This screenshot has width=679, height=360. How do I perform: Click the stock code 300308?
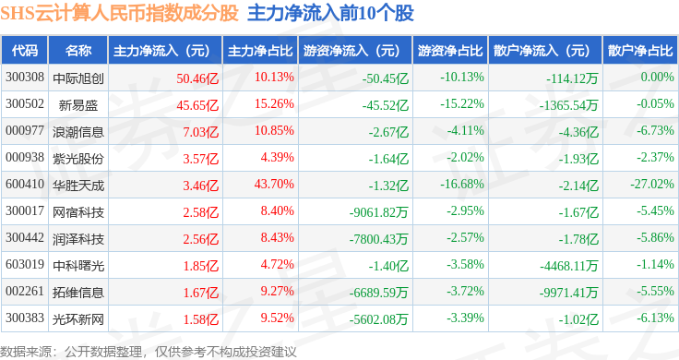[x=25, y=78]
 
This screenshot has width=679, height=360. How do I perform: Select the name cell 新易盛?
[x=77, y=105]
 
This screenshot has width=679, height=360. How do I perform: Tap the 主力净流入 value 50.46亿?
[x=197, y=78]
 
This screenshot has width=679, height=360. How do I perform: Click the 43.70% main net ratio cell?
[x=274, y=184]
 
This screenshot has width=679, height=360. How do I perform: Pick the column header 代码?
[x=25, y=51]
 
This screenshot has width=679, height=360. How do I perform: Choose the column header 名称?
[x=78, y=51]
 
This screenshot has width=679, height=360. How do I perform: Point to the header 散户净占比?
[x=640, y=51]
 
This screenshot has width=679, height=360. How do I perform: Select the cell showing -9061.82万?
[x=378, y=212]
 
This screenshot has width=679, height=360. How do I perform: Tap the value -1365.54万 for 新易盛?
[x=568, y=105]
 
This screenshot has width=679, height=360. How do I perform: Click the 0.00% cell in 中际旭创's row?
[x=658, y=78]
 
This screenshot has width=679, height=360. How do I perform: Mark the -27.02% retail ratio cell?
[x=652, y=184]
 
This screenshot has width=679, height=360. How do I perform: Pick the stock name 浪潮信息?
[x=78, y=132]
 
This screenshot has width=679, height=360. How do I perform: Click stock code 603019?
[x=25, y=264]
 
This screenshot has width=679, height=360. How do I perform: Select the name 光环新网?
[x=78, y=319]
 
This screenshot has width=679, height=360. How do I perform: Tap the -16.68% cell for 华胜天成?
[x=462, y=184]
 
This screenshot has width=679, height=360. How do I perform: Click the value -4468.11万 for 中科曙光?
[x=568, y=266]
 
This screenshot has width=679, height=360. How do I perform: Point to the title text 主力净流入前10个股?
[x=330, y=13]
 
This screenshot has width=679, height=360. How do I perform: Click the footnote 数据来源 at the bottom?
[x=26, y=352]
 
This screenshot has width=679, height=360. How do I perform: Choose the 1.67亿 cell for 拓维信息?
[x=201, y=293]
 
